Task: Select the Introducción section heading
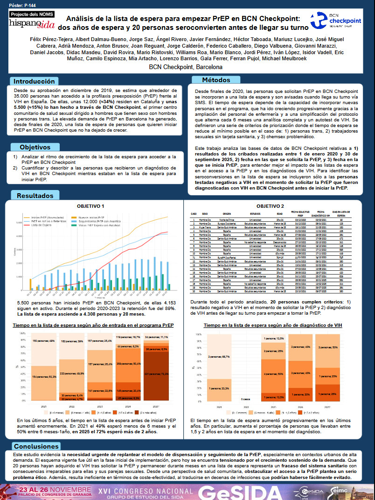pyautogui.click(x=37, y=81)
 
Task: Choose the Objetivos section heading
pyautogui.click(x=35, y=147)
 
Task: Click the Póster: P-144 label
pyautogui.click(x=18, y=4)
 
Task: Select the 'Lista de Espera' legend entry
pyautogui.click(x=42, y=225)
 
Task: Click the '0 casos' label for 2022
pyautogui.click(x=246, y=400)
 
